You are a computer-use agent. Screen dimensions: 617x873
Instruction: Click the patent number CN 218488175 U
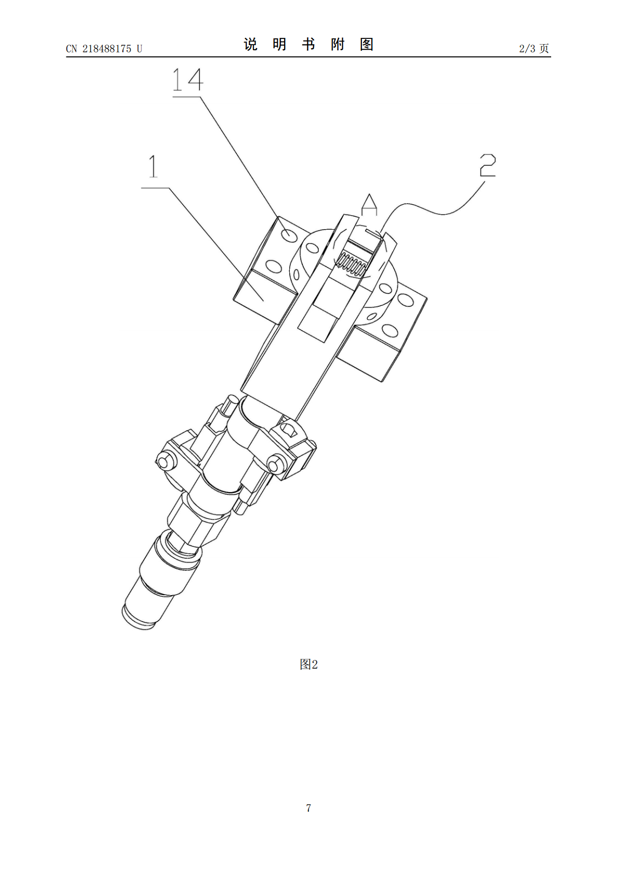[x=104, y=49]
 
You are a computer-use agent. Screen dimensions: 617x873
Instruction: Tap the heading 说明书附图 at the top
[x=308, y=45]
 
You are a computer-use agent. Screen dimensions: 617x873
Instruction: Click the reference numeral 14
[x=188, y=80]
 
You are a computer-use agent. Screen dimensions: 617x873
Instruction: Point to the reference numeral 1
[x=153, y=166]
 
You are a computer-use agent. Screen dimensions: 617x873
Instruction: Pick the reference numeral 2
[x=487, y=165]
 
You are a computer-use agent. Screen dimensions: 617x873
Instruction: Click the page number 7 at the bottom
[x=308, y=808]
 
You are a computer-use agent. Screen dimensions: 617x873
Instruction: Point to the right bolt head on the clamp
[x=275, y=464]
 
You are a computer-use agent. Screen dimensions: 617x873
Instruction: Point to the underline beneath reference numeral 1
[x=155, y=188]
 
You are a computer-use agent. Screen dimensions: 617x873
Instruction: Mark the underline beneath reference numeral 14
[x=187, y=97]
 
